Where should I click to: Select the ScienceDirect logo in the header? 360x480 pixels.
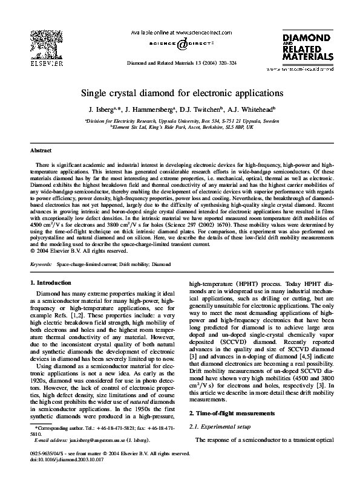tap(180, 44)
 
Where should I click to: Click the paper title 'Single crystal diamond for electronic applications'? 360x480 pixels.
tap(180, 94)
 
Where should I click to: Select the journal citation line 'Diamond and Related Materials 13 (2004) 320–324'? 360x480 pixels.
tap(180, 63)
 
